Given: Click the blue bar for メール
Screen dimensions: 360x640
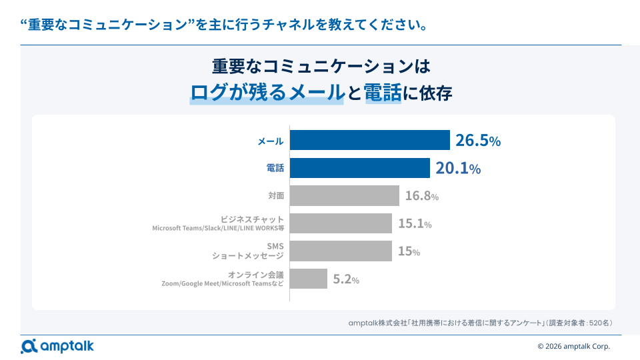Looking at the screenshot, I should tap(370, 141).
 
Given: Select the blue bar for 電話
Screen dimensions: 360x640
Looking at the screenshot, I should tap(360, 168).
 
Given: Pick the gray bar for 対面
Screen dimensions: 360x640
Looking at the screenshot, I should tap(345, 196).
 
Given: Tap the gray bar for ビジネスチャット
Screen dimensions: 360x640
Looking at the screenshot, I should tap(341, 223).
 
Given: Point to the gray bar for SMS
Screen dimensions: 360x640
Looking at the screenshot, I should tap(341, 251).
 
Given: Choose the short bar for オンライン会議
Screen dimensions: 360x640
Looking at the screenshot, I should tap(309, 279).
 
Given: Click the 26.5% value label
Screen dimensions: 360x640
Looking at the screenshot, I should tap(478, 141).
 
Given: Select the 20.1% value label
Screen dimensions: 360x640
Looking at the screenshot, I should tap(458, 169).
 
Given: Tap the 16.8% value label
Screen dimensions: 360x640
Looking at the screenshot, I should tap(422, 196).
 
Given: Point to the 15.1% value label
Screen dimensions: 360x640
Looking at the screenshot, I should tap(415, 224).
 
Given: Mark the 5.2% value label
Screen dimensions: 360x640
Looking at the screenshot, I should tap(346, 280).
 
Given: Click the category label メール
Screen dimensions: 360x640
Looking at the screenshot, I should tap(271, 141).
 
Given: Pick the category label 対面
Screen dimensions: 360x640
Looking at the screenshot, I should tap(275, 196).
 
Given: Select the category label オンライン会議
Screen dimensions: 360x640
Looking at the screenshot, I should tap(255, 275).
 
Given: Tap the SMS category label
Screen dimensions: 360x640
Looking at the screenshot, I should tap(275, 247).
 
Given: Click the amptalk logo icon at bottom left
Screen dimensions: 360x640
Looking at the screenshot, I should tap(29, 346).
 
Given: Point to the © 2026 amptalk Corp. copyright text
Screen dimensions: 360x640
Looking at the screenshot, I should tap(573, 346).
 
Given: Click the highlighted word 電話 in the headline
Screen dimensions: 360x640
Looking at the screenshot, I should tap(383, 93).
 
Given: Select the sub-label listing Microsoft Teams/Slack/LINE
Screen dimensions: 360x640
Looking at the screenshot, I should tap(218, 228).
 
